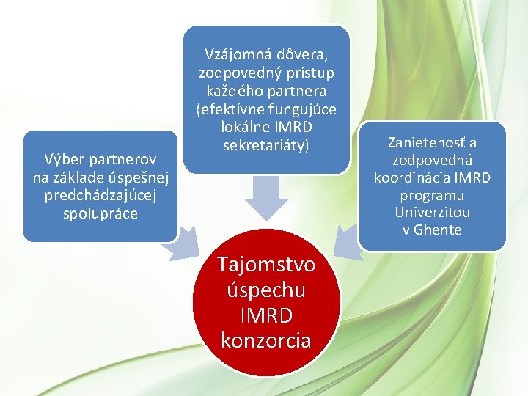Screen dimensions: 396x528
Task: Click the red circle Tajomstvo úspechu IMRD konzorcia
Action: (265, 302)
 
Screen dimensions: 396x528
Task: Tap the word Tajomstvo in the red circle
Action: (265, 264)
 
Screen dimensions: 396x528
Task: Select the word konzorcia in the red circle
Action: (265, 340)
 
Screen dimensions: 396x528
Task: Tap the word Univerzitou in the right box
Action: (432, 213)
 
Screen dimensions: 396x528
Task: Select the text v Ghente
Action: (432, 230)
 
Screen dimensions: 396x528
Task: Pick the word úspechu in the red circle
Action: (265, 290)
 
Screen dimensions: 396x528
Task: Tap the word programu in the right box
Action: (432, 195)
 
